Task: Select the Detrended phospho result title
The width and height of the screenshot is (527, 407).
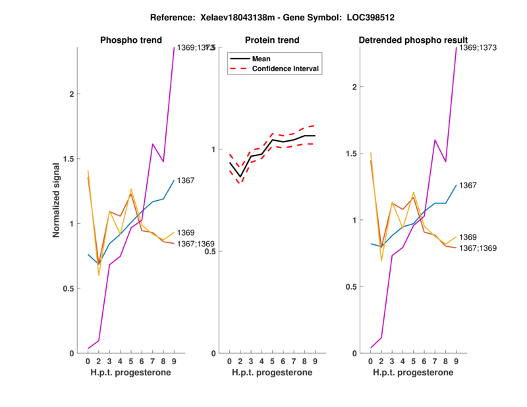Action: click(413, 40)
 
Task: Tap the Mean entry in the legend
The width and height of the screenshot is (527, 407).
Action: click(262, 59)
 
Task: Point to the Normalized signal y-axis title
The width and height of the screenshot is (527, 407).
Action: click(56, 200)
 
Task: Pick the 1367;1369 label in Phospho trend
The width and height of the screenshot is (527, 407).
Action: click(196, 244)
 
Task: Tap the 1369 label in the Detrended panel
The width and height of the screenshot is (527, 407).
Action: click(468, 236)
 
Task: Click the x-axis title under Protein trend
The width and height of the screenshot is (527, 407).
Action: click(271, 373)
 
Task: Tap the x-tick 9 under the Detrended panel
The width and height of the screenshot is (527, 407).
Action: click(456, 362)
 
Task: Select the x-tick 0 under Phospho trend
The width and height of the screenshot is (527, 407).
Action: click(88, 362)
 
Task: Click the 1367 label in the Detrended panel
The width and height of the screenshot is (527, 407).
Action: click(468, 186)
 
